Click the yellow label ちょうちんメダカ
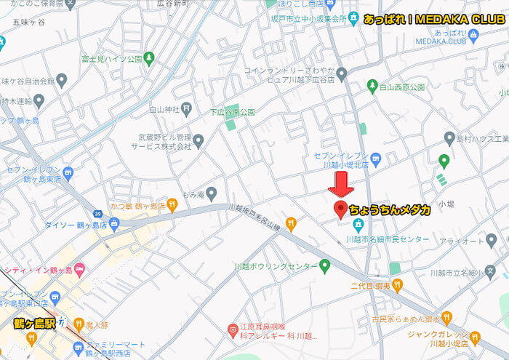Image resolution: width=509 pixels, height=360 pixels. tap(390, 210)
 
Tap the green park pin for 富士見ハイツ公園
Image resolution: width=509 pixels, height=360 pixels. tap(149, 57)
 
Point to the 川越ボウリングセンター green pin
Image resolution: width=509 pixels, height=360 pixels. tap(325, 266)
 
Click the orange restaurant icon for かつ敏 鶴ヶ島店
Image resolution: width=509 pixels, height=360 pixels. tap(172, 204)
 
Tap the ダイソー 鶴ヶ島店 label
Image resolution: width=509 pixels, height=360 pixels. tap(73, 225)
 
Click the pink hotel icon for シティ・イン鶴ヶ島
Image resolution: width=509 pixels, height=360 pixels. tap(79, 269)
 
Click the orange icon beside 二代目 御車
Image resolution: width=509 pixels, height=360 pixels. tap(397, 286)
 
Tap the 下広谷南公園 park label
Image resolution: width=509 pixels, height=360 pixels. tap(232, 112)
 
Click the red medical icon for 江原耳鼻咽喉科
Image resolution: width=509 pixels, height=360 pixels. tap(233, 329)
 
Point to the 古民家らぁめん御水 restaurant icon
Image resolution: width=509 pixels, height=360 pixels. tap(446, 317)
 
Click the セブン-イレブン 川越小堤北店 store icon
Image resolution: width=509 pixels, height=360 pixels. tap(375, 158)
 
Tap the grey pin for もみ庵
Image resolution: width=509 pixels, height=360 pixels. tap(212, 193)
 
